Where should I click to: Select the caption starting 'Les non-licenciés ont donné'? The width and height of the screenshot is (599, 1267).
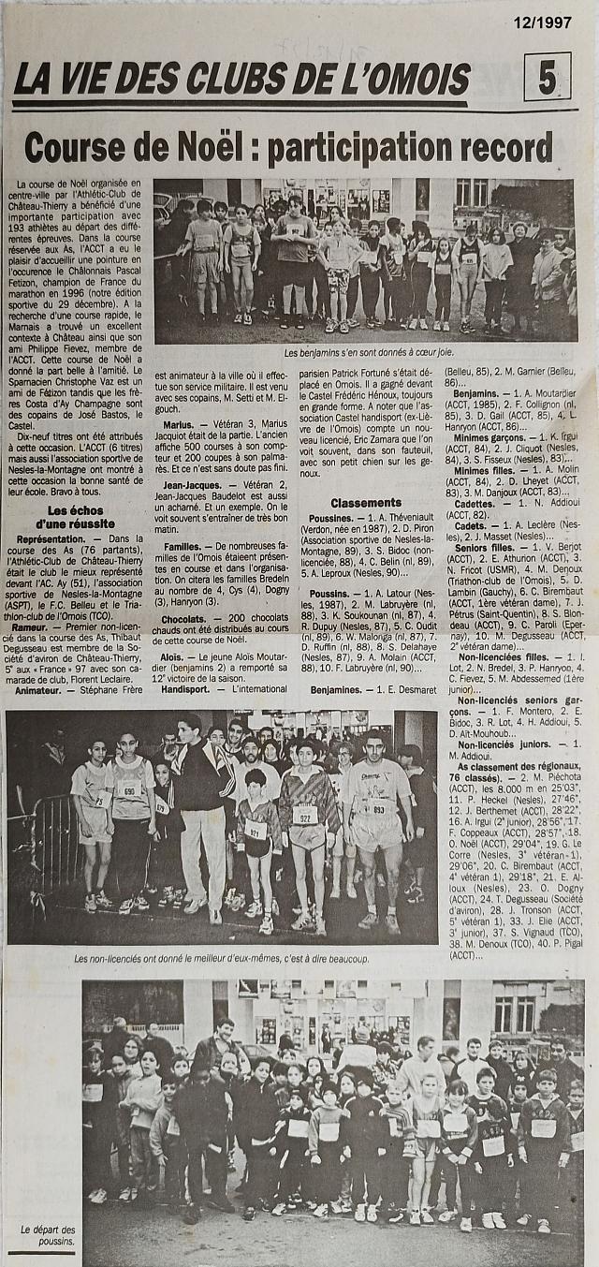pyautogui.click(x=221, y=959)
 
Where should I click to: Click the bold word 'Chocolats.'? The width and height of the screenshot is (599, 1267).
pyautogui.click(x=183, y=620)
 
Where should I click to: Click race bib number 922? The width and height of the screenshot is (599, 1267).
pyautogui.click(x=304, y=815)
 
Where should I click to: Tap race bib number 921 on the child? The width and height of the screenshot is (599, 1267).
pyautogui.click(x=255, y=830)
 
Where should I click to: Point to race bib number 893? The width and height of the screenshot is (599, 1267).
pyautogui.click(x=378, y=809)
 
